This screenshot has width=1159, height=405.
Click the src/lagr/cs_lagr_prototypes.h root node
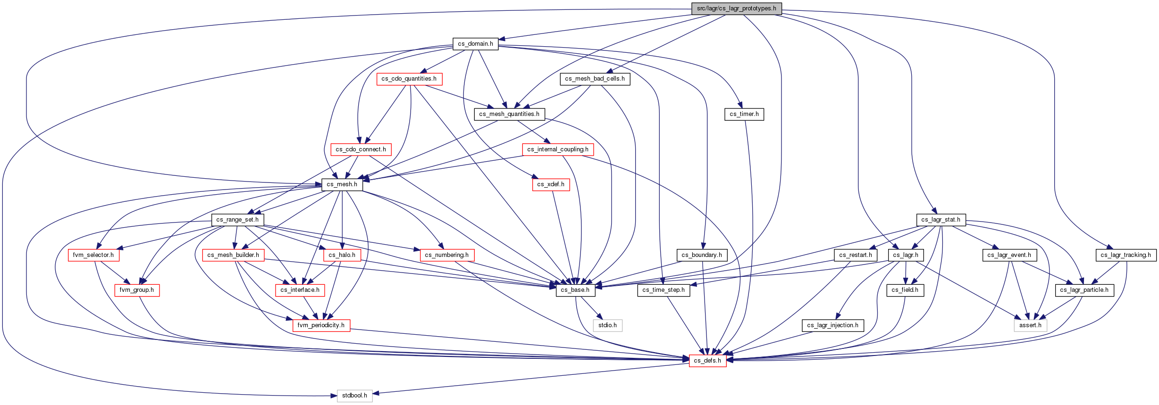tap(736, 8)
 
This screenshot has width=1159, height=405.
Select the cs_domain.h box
tap(475, 44)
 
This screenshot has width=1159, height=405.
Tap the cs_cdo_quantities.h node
tap(409, 79)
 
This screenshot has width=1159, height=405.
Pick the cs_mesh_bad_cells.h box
tap(595, 79)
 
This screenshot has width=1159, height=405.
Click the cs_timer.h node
tap(744, 114)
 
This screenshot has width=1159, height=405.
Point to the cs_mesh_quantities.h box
tap(509, 114)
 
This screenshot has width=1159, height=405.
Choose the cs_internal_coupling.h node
tap(558, 149)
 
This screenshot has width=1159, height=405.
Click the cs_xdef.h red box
tap(551, 184)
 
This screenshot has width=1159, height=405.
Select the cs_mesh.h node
tap(342, 184)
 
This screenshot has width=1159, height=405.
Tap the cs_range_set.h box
tap(237, 220)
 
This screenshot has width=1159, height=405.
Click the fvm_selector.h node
tap(93, 255)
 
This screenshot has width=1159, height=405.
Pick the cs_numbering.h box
tap(447, 255)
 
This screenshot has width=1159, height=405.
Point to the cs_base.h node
tap(575, 290)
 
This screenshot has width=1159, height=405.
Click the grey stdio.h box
tap(607, 325)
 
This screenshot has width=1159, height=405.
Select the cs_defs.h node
tap(707, 361)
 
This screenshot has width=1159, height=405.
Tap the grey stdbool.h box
tap(355, 396)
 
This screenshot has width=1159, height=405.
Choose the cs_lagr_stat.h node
tap(941, 220)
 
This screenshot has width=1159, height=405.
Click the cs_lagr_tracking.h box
tap(1126, 255)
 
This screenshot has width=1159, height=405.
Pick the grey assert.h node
tap(1030, 325)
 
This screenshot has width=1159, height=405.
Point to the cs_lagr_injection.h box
tap(833, 325)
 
